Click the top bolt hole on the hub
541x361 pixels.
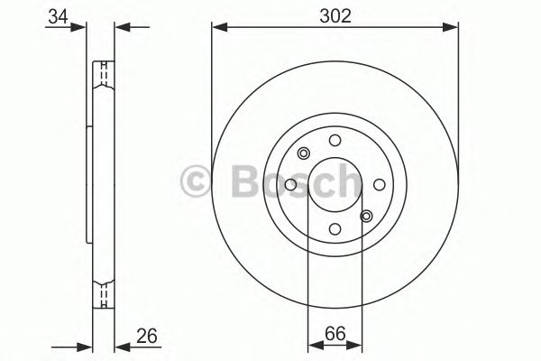coord(335,140)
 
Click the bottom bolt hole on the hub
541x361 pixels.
coord(335,229)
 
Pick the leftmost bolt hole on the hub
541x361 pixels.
coord(290,185)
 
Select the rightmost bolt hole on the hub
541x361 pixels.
coord(379,185)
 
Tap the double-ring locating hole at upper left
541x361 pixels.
coord(304,153)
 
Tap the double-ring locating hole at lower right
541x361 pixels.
coord(366,216)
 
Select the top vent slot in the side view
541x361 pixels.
coord(105,71)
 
